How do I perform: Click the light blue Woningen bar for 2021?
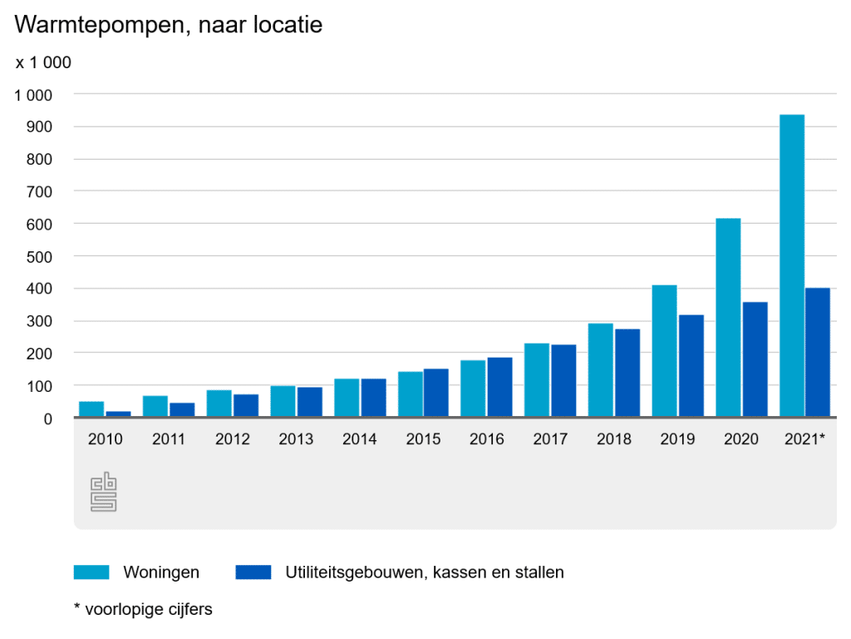[x=792, y=265]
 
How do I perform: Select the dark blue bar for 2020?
[x=755, y=359]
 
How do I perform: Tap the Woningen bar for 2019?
[x=664, y=350]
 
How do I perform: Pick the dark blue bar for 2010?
[x=118, y=414]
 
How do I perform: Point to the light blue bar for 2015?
[x=410, y=394]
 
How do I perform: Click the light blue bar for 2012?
[x=219, y=404]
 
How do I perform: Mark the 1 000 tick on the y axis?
[x=33, y=95]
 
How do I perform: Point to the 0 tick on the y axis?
[x=48, y=419]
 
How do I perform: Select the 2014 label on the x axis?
[x=360, y=439]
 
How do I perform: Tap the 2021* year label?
[x=804, y=439]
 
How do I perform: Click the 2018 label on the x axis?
[x=614, y=439]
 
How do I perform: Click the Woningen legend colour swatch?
[x=91, y=572]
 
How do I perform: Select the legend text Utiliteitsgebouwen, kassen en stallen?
[x=425, y=572]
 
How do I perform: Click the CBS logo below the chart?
[x=103, y=493]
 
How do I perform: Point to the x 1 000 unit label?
[x=43, y=62]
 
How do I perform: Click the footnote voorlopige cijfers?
[x=143, y=609]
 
